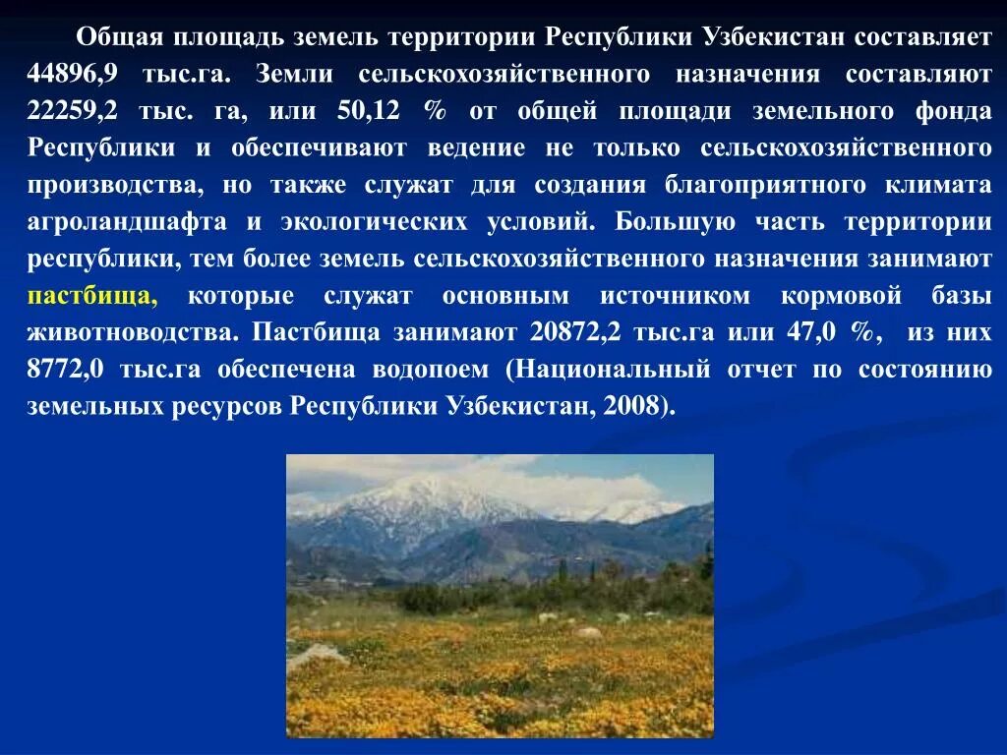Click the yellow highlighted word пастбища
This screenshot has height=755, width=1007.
pyautogui.click(x=92, y=296)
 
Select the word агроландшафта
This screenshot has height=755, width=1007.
pyautogui.click(x=119, y=222)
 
